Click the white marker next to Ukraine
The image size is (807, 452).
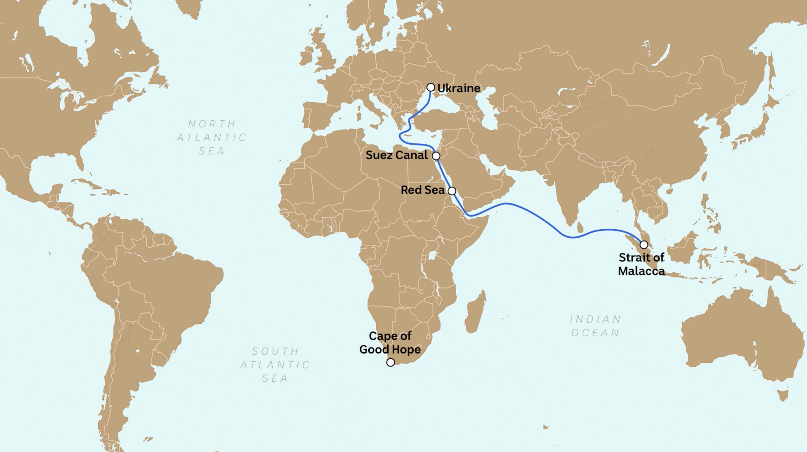[431, 87]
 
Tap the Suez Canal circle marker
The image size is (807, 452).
[436, 156]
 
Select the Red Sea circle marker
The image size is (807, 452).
[452, 191]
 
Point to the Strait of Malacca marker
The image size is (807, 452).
[644, 244]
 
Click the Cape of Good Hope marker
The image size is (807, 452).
[390, 363]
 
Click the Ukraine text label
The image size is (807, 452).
[459, 88]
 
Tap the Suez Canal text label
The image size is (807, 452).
[397, 155]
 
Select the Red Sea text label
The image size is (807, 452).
[423, 190]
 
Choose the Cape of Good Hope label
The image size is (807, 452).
[390, 343]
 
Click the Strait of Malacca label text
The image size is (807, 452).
[641, 264]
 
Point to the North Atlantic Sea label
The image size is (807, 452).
[212, 137]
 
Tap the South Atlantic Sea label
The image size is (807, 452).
[275, 365]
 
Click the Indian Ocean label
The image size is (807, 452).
[595, 326]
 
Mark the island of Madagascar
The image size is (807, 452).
[475, 312]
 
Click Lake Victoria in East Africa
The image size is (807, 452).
[433, 255]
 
